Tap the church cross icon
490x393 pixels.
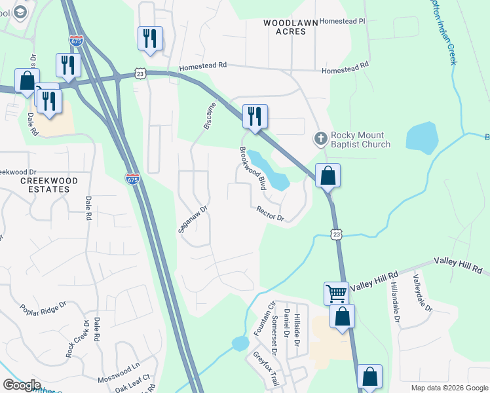tap(320, 138)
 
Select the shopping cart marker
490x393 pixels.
tap(336, 293)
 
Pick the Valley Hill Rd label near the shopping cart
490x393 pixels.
tap(375, 282)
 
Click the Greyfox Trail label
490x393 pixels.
tap(267, 368)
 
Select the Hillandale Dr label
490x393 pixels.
tap(395, 301)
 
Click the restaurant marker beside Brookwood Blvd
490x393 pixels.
tap(254, 117)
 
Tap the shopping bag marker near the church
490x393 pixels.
tap(328, 176)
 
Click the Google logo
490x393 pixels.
tap(22, 385)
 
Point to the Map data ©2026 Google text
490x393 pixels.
tap(449, 388)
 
